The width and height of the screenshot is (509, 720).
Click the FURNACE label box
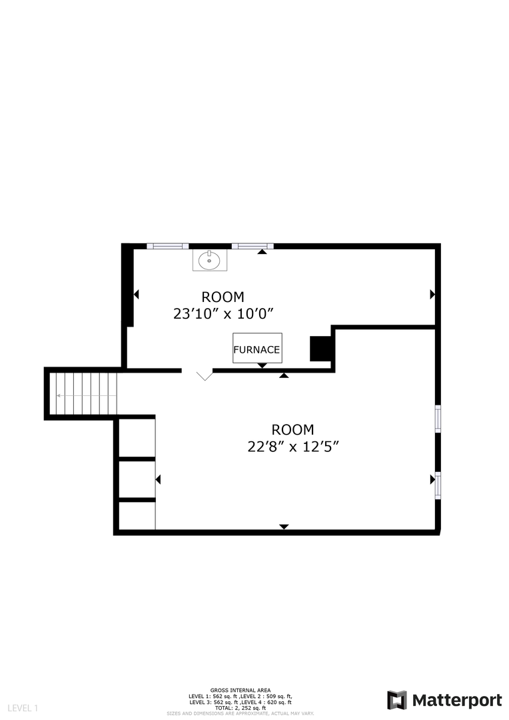(x=257, y=348)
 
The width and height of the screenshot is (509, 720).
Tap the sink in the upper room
(x=210, y=259)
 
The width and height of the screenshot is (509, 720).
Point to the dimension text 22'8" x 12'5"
(x=292, y=447)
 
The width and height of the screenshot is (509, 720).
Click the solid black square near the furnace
(x=320, y=349)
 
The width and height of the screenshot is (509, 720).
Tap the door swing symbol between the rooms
(x=204, y=375)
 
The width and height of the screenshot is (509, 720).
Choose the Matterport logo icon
(x=397, y=700)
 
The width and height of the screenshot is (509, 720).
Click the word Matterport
(x=457, y=700)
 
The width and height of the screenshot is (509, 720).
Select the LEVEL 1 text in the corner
(x=23, y=707)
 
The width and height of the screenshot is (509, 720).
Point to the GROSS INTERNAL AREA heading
(x=240, y=690)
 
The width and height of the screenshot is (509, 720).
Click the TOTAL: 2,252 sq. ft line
(x=240, y=707)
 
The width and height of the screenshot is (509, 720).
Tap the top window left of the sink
(x=167, y=246)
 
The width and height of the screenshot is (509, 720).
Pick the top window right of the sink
(x=253, y=246)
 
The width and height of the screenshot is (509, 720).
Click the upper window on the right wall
(x=438, y=419)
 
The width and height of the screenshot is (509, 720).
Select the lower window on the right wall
(x=438, y=485)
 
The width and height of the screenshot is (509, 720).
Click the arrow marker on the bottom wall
(x=284, y=527)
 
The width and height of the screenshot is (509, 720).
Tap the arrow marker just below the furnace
(x=262, y=365)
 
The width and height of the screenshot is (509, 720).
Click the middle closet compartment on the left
(x=137, y=479)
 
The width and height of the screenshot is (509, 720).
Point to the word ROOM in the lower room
(x=292, y=430)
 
